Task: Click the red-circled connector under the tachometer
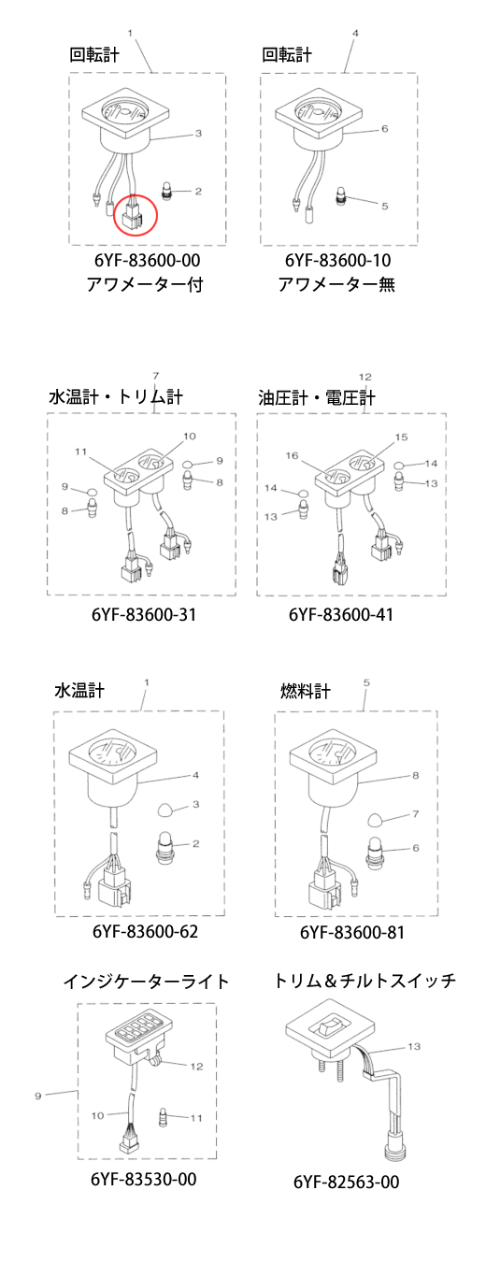click(134, 216)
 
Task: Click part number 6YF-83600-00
click(147, 260)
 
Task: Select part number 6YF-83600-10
click(338, 260)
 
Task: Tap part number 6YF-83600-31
click(144, 614)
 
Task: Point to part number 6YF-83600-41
click(341, 614)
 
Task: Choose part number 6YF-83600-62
click(145, 931)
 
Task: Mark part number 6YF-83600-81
click(352, 932)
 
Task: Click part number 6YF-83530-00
click(144, 1179)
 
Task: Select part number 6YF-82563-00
click(347, 1182)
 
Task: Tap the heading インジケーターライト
click(147, 982)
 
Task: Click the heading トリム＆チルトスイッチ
click(364, 981)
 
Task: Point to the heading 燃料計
click(306, 691)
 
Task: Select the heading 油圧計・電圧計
click(317, 397)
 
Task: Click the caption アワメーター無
click(336, 284)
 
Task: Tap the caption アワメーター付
click(145, 284)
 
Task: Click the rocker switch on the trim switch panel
click(331, 1028)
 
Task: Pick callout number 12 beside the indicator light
click(196, 1067)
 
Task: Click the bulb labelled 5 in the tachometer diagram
click(342, 195)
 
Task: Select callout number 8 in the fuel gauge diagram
click(416, 775)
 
